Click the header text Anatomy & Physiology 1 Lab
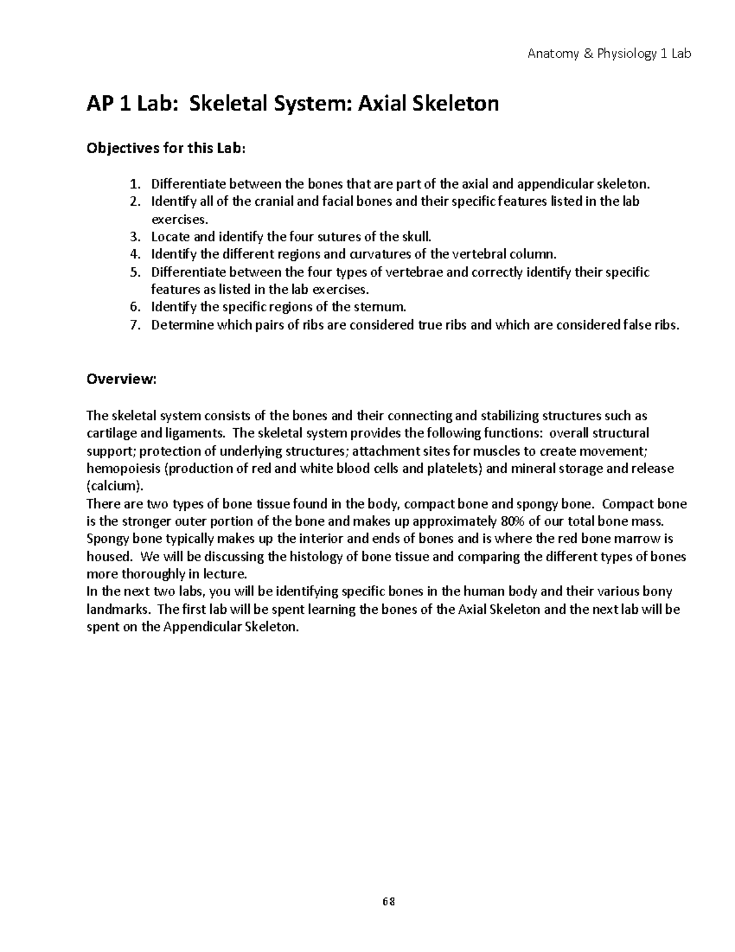[609, 54]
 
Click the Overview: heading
[121, 379]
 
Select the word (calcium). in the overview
[115, 487]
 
